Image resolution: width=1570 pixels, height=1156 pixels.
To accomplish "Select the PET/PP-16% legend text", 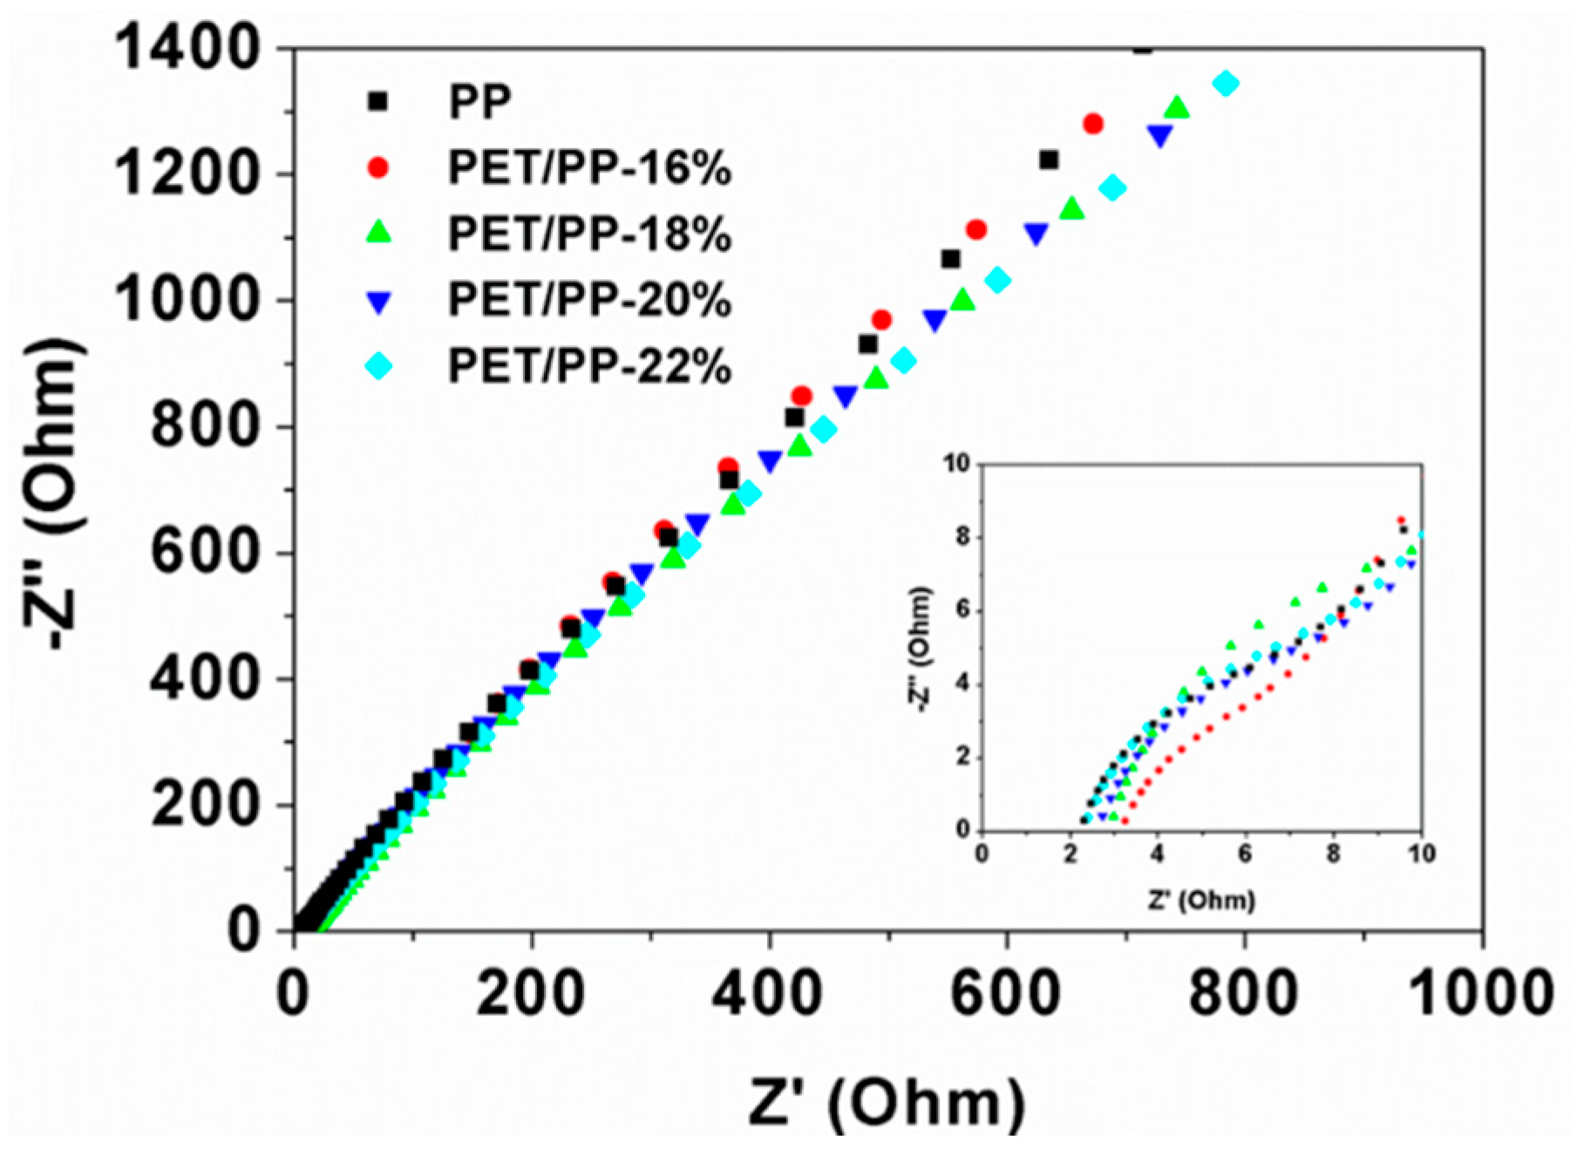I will point(589,167).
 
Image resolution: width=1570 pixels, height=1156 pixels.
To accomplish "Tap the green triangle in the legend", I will point(377,234).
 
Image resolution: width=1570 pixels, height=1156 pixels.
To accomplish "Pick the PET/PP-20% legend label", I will point(589,300).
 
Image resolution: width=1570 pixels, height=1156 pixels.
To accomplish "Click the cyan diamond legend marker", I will point(377,366).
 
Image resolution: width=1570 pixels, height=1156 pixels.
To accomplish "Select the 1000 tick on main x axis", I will point(1480,993).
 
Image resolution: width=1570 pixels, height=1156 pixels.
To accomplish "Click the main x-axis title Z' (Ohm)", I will point(886,1103).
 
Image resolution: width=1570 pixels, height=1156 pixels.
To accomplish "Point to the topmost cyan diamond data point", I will point(1226,84).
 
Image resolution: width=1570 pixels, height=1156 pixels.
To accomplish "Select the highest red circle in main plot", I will point(1092,124).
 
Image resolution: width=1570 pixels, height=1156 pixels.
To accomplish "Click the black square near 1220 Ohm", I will point(1049,160).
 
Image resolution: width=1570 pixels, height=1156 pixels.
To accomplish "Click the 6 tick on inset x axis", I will point(1245,853).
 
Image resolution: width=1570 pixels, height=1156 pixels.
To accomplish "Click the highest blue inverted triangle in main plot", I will point(1159,135).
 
